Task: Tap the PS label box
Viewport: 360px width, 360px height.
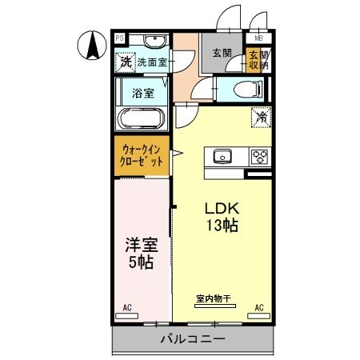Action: point(119,38)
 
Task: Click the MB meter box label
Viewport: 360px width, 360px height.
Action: point(258,38)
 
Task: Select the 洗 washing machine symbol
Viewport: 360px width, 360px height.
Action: point(126,60)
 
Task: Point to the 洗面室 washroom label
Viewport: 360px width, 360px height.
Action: point(152,61)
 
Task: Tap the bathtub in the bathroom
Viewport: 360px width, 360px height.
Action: point(142,118)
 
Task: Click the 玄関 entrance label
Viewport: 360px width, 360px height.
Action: point(222,53)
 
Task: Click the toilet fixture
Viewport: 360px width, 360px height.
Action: point(238,90)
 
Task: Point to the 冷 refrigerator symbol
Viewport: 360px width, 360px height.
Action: point(261,117)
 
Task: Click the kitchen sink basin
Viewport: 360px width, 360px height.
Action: point(222,155)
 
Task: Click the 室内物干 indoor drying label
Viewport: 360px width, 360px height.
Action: point(213,300)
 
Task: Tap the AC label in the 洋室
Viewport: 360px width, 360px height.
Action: point(127,307)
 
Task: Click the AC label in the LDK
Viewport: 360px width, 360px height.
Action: point(258,307)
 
